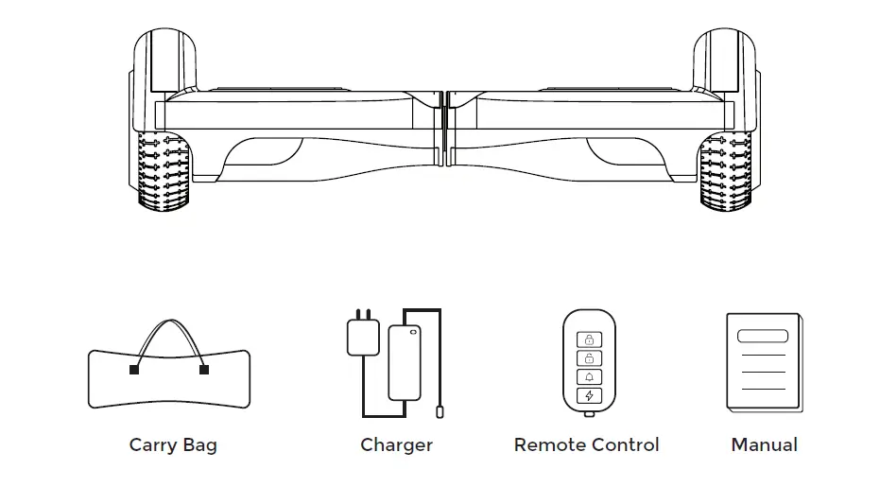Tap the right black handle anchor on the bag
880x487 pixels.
coord(204,370)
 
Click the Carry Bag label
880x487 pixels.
coord(173,445)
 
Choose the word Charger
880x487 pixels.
coord(396,445)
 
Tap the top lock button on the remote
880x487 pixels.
coord(589,339)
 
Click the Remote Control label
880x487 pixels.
coord(586,445)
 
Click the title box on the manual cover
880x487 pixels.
coord(763,336)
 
